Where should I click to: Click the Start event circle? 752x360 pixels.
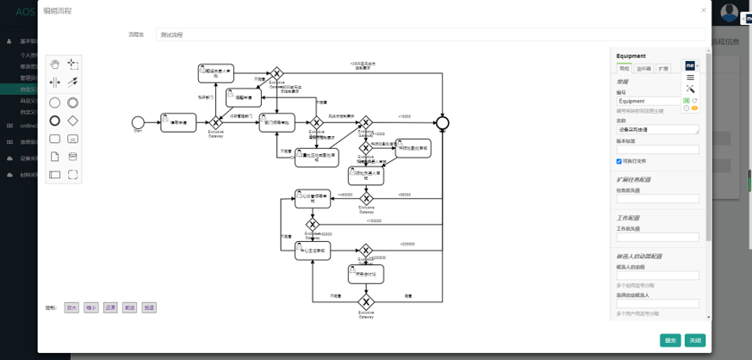click(138, 122)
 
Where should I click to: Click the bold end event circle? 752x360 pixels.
click(443, 122)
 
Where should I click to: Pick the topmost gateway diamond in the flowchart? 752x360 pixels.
click(277, 74)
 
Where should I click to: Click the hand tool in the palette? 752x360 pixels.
click(55, 64)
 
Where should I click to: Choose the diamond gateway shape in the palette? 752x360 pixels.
click(73, 121)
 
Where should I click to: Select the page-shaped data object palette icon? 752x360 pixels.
click(55, 157)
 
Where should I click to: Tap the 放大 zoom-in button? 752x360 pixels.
click(71, 307)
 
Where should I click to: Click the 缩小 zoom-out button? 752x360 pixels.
click(90, 307)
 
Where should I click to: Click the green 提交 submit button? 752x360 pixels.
click(670, 340)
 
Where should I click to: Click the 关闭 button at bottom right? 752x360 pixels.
click(695, 340)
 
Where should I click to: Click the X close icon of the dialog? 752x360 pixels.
click(703, 10)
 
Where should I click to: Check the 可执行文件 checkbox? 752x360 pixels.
click(619, 161)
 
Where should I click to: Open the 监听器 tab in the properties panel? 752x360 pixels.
click(643, 67)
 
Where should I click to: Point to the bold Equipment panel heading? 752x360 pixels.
click(631, 56)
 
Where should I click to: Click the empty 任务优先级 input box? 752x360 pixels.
click(657, 199)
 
